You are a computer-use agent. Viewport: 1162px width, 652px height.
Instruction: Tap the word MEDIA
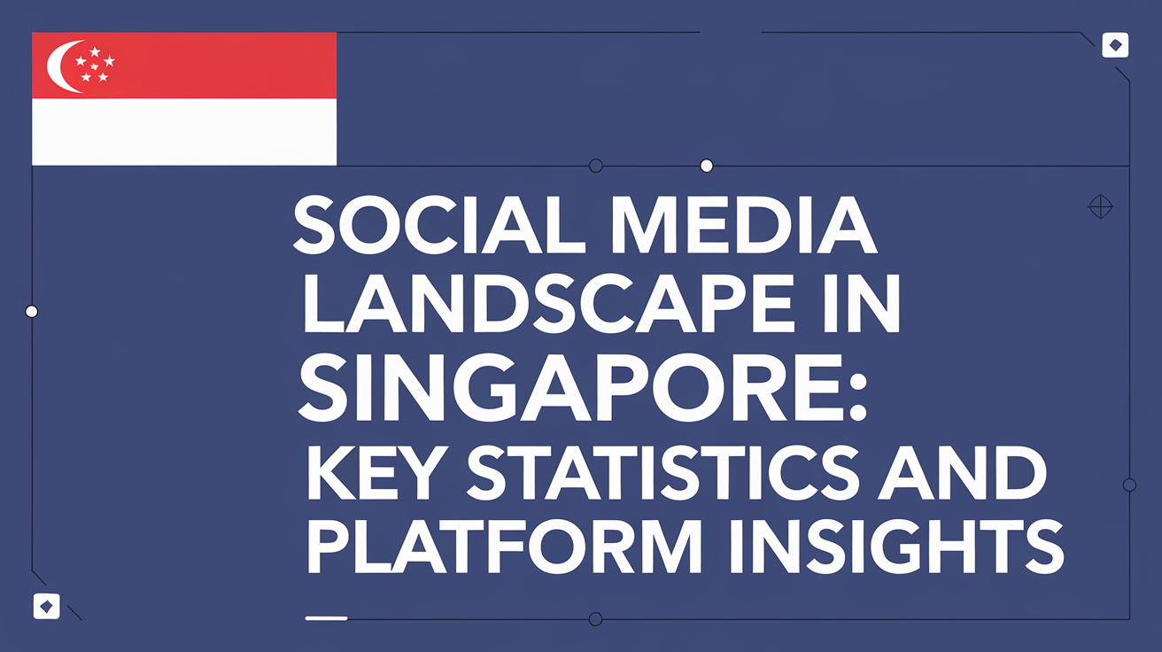coord(743,225)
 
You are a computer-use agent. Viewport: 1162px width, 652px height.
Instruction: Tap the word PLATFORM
coord(504,546)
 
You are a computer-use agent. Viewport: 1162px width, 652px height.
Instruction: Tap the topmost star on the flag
coord(95,52)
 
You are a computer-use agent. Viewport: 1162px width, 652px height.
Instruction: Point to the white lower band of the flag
coord(184,132)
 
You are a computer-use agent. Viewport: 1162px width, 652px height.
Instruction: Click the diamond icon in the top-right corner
coord(1115,45)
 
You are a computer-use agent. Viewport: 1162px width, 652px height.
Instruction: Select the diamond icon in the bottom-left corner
coord(47,606)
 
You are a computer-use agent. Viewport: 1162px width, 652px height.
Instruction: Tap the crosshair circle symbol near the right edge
coord(1100,207)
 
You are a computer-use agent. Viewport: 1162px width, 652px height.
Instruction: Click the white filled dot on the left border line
coord(32,311)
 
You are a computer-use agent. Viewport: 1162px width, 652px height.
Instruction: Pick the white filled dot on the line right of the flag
coord(707,166)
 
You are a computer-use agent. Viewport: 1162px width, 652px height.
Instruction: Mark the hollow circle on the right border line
coord(1130,485)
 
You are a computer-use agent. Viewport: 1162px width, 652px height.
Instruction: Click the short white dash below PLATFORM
coord(326,618)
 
